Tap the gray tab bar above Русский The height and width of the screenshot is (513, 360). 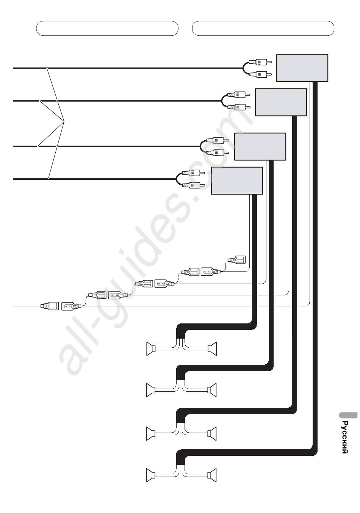[x=348, y=415]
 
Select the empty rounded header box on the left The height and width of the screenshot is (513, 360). [x=107, y=28]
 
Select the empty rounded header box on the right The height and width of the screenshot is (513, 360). [x=263, y=28]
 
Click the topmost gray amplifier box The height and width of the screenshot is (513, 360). [x=302, y=68]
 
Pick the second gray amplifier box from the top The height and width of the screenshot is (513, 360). [x=281, y=102]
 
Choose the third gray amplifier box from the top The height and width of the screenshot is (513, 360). [x=260, y=147]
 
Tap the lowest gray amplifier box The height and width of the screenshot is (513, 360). [x=236, y=181]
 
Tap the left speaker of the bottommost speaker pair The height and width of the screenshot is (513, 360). [x=151, y=475]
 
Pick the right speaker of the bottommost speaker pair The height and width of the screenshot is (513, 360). [x=212, y=475]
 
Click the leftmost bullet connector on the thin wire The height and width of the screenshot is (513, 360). [x=50, y=306]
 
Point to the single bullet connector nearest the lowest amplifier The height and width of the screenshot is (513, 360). [x=237, y=260]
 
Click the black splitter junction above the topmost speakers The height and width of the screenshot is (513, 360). [x=180, y=333]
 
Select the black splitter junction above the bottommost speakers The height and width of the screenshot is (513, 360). [x=180, y=460]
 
